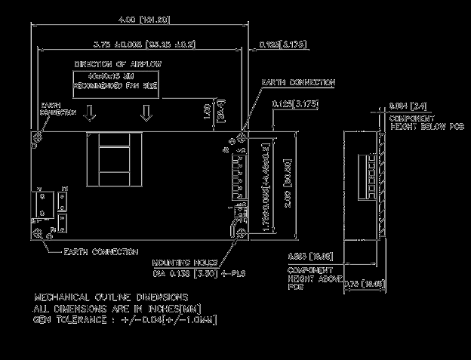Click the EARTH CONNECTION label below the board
point(100,251)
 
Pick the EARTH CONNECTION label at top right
point(297,82)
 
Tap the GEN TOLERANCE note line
point(125,321)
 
